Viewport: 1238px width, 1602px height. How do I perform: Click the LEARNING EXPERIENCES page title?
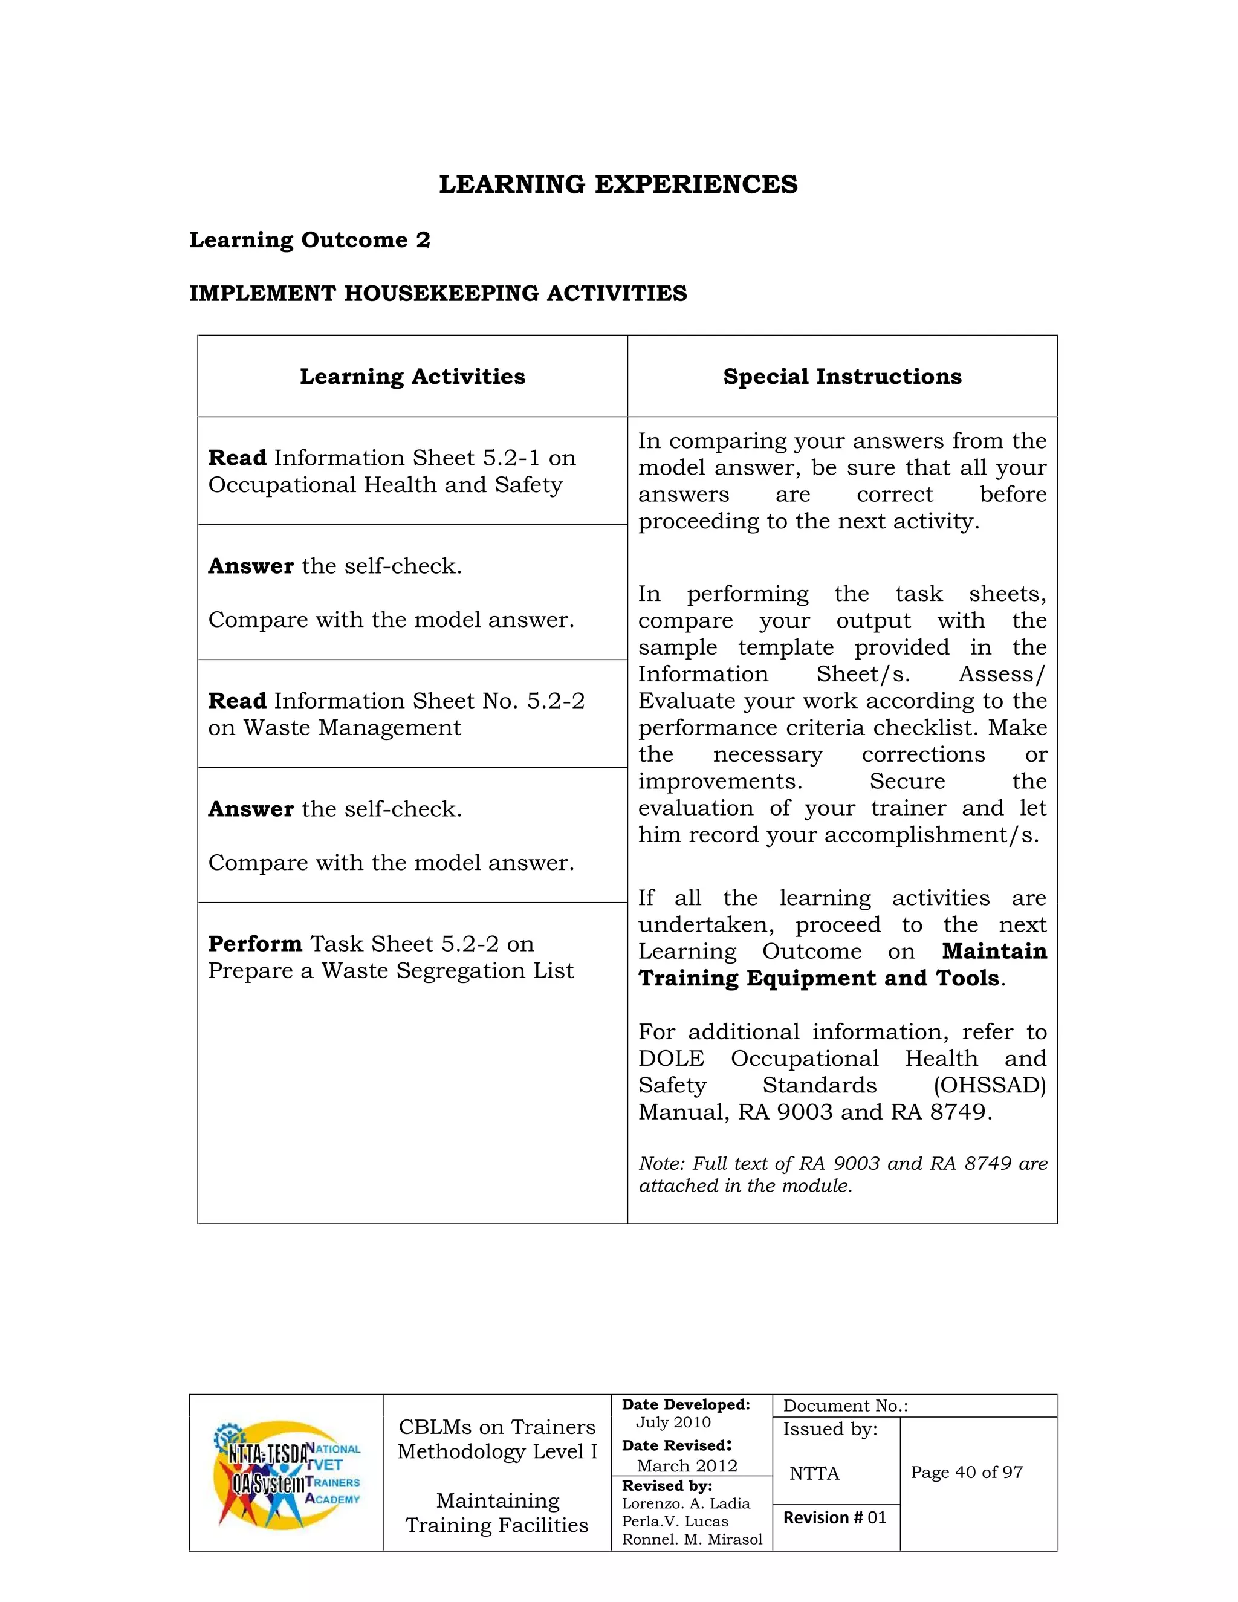(x=618, y=184)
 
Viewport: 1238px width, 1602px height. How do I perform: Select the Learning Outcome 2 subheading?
(x=309, y=240)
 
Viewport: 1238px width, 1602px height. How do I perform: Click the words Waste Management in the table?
(x=352, y=728)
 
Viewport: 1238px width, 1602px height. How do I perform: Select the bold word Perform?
(x=254, y=943)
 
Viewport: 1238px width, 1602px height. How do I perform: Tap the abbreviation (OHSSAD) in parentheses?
(x=990, y=1085)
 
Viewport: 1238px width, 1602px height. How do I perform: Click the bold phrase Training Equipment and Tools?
(x=819, y=978)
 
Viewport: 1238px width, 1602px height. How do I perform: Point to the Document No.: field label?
(x=845, y=1406)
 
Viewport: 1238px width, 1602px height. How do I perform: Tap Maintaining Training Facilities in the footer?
(x=497, y=1513)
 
